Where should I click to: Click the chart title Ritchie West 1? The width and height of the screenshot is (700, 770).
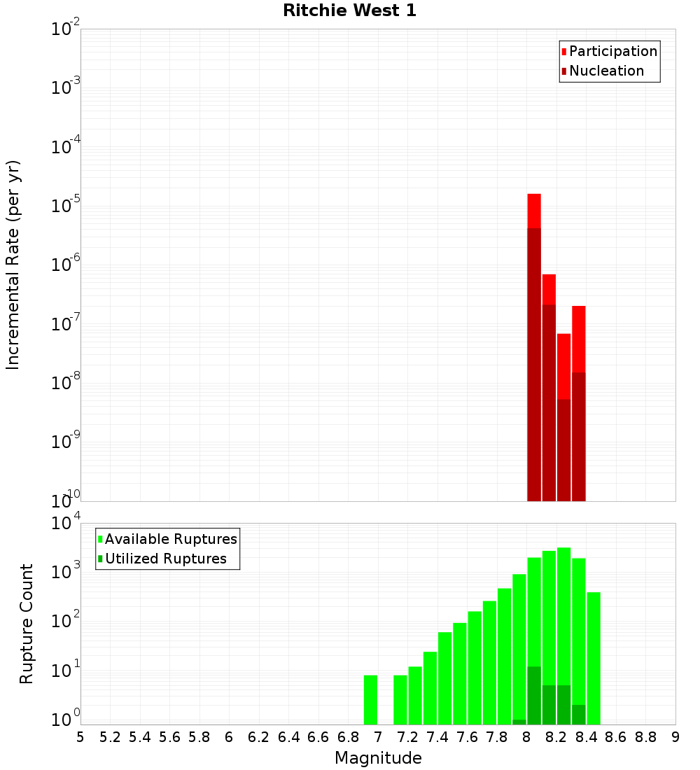coord(349,11)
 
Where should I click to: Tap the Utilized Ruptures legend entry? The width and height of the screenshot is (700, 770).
coord(165,559)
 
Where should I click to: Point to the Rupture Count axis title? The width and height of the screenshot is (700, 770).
coord(27,624)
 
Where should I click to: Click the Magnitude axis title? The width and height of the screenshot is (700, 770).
coord(378,758)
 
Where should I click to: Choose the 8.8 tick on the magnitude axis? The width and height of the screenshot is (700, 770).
coord(645,737)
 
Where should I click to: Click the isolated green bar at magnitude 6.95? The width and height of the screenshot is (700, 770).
coord(370,700)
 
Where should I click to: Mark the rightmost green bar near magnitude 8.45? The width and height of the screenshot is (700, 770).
coord(594,658)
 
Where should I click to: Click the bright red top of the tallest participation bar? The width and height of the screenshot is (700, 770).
coord(534,210)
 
